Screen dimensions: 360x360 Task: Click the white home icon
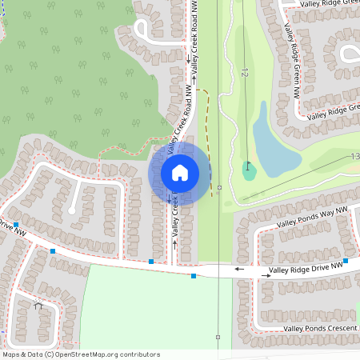(180, 172)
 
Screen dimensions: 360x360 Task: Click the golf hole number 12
(245, 73)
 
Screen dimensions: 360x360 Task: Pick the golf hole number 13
(354, 158)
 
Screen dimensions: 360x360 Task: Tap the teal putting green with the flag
(250, 170)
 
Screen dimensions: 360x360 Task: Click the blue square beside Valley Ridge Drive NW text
(346, 261)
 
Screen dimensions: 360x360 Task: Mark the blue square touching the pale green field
(193, 276)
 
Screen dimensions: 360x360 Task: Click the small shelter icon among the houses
(38, 305)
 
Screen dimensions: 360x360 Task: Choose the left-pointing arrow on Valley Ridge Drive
(238, 270)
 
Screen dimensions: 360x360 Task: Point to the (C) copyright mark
(49, 354)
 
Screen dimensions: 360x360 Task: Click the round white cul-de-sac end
(71, 210)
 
